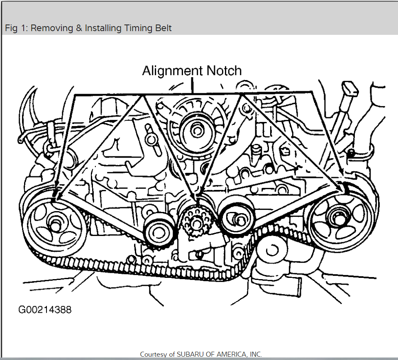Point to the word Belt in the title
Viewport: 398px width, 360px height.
162,28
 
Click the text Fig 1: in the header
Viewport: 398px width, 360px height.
16,28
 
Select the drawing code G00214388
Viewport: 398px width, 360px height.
44,310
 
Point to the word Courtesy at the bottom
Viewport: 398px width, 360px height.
154,354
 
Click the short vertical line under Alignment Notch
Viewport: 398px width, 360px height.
192,85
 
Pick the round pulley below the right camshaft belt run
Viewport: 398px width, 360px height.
272,250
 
